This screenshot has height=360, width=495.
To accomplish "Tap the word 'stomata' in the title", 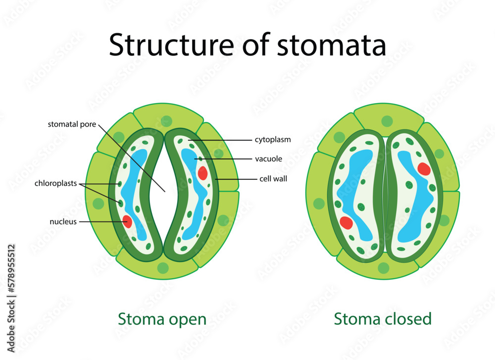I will (x=331, y=45).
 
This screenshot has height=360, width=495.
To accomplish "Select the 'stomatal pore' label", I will (x=72, y=124).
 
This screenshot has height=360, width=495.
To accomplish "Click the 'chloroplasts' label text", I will (x=55, y=184).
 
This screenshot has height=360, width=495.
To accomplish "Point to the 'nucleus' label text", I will (x=63, y=221).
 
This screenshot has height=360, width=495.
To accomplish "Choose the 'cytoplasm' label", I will (x=273, y=140).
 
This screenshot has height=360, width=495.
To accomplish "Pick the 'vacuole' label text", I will (x=268, y=159).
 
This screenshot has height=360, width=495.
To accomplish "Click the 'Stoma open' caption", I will (x=162, y=319).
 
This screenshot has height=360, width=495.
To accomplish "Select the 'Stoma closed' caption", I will (x=383, y=318).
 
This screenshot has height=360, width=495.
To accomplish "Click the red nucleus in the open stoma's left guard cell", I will (x=127, y=221).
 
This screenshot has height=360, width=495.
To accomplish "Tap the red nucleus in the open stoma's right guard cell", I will (x=202, y=173).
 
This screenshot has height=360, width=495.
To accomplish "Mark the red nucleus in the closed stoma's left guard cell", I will (x=346, y=223).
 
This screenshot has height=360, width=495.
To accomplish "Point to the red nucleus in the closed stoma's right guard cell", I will (x=424, y=169).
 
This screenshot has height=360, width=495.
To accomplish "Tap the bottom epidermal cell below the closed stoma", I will (x=384, y=267).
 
